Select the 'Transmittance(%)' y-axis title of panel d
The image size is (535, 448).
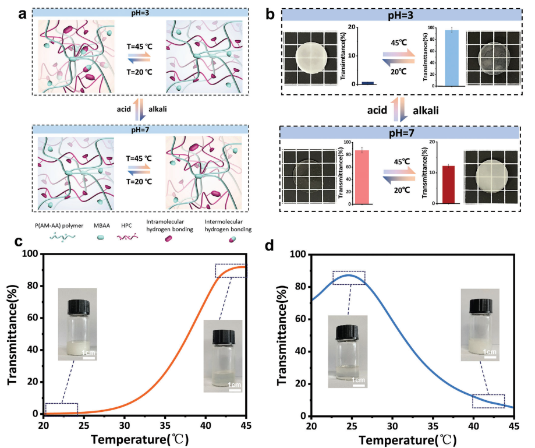(x=281, y=336)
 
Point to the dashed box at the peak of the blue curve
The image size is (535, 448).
(x=349, y=278)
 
